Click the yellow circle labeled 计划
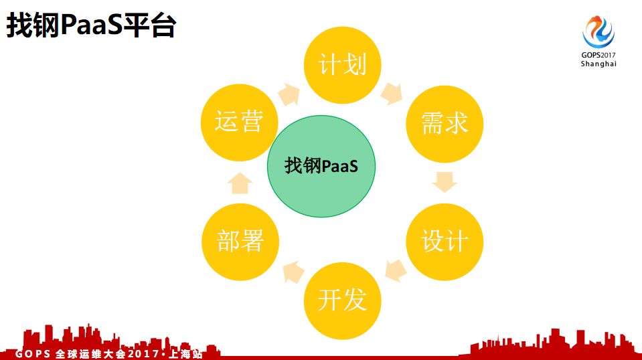[x=342, y=66]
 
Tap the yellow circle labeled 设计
[x=444, y=241]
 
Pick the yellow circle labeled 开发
[x=342, y=299]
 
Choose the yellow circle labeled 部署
[x=240, y=241]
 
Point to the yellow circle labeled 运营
[x=240, y=122]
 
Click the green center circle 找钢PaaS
[x=321, y=166]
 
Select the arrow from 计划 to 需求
[x=392, y=93]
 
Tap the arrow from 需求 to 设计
[x=444, y=181]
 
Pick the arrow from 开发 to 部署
[x=293, y=270]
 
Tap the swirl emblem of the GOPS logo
[x=598, y=31]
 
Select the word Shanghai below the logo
[x=598, y=64]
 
